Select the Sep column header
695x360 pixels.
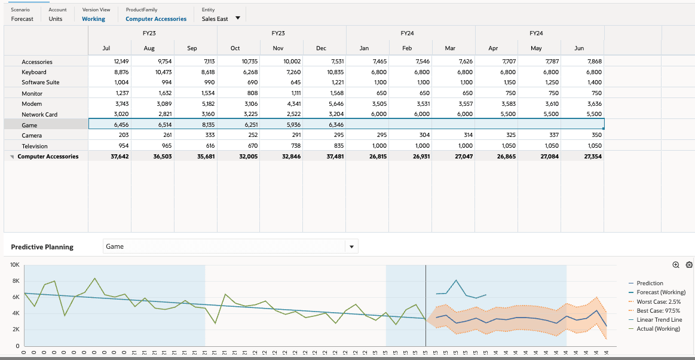click(192, 48)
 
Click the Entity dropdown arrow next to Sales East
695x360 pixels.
click(238, 18)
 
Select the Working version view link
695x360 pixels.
click(93, 19)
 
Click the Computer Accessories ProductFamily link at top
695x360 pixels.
click(156, 19)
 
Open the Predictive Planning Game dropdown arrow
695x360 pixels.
click(351, 246)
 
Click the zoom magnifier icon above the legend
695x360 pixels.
click(676, 265)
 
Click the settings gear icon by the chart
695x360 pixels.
click(689, 265)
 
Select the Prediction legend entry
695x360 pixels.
click(650, 283)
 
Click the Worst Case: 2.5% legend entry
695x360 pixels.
click(658, 301)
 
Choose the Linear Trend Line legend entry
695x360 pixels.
click(659, 319)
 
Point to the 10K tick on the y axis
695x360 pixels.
click(14, 264)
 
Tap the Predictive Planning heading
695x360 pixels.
click(42, 247)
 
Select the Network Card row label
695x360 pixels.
click(39, 114)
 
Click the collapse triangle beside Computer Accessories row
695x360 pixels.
click(13, 157)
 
